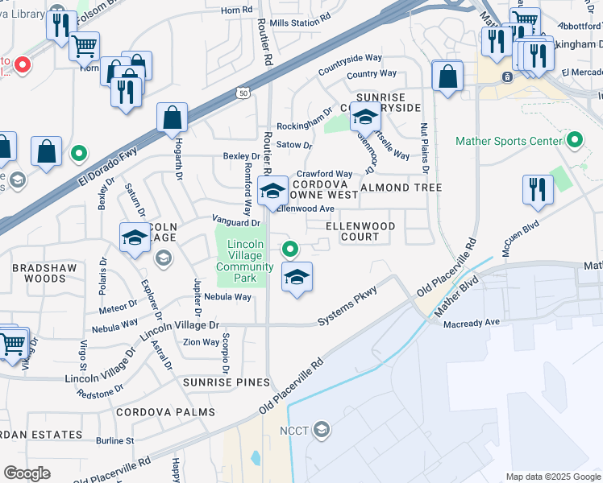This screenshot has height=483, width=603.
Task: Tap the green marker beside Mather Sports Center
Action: (x=574, y=141)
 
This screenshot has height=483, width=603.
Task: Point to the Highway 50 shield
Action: (x=243, y=94)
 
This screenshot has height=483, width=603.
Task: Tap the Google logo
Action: (x=27, y=473)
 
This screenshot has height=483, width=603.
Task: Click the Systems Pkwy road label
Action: (x=347, y=309)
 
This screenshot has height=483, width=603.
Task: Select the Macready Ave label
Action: (x=472, y=323)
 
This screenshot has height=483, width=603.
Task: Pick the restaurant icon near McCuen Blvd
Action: (x=538, y=190)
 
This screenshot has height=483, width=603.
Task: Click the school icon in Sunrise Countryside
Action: (x=365, y=118)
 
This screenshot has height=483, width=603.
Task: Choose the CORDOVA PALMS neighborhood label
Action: (x=165, y=412)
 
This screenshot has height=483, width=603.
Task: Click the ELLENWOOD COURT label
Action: (x=361, y=232)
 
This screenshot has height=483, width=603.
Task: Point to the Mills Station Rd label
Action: (x=301, y=23)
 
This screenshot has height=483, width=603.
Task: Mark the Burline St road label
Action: (x=114, y=441)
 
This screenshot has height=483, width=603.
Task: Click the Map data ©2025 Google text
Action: (x=552, y=477)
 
